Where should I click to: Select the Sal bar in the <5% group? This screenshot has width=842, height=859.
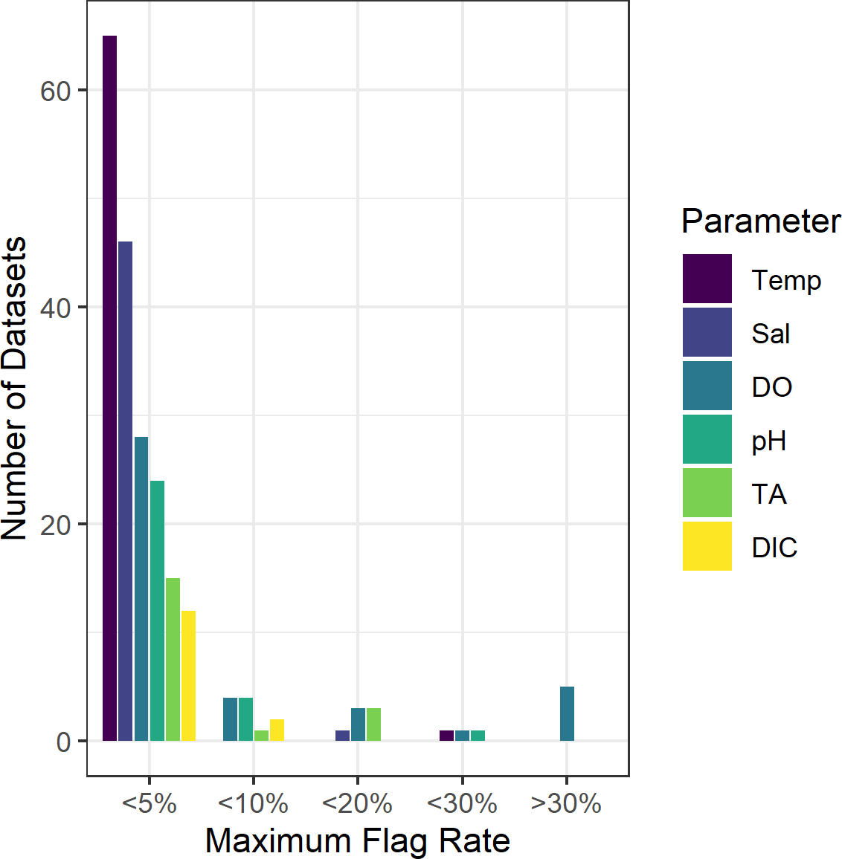pyautogui.click(x=125, y=490)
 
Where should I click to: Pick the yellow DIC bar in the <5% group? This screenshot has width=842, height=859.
pyautogui.click(x=188, y=675)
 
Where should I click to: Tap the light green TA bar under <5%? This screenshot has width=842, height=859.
pyautogui.click(x=173, y=659)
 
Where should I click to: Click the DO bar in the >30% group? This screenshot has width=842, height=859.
pyautogui.click(x=567, y=713)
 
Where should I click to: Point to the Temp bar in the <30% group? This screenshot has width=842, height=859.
pyautogui.click(x=446, y=736)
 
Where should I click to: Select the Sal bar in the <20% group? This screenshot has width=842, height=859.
pyautogui.click(x=342, y=736)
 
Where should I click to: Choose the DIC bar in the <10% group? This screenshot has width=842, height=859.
pyautogui.click(x=277, y=730)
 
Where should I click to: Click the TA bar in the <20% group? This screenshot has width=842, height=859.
pyautogui.click(x=373, y=725)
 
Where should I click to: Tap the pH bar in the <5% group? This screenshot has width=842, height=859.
pyautogui.click(x=157, y=610)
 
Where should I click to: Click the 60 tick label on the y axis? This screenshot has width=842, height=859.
pyautogui.click(x=56, y=91)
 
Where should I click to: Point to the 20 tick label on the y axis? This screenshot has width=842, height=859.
pyautogui.click(x=56, y=525)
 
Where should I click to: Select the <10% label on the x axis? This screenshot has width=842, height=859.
pyautogui.click(x=253, y=803)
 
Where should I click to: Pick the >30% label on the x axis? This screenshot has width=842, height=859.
pyautogui.click(x=566, y=803)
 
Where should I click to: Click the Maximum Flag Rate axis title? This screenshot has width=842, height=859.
pyautogui.click(x=357, y=840)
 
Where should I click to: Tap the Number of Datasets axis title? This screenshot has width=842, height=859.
pyautogui.click(x=15, y=388)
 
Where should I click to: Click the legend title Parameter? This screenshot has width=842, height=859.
pyautogui.click(x=760, y=221)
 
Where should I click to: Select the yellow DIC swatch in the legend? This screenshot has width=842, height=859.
pyautogui.click(x=707, y=546)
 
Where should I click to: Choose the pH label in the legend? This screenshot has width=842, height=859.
pyautogui.click(x=768, y=441)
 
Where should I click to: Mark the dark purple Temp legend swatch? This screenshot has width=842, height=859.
pyautogui.click(x=707, y=279)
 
